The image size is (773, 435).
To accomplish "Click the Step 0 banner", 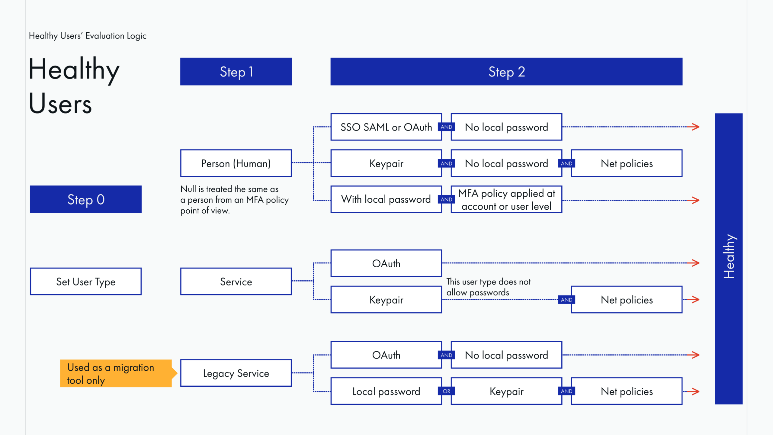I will pyautogui.click(x=86, y=199).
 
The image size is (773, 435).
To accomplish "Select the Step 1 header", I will pyautogui.click(x=236, y=72).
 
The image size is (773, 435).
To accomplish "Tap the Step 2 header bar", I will pyautogui.click(x=506, y=72).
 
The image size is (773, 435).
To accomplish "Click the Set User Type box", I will pyautogui.click(x=86, y=282).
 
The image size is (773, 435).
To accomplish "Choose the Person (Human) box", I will pyautogui.click(x=236, y=163).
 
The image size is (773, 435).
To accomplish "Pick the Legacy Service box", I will pyautogui.click(x=236, y=373).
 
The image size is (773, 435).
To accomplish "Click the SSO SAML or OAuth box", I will pyautogui.click(x=386, y=127).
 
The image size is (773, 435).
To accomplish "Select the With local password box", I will pyautogui.click(x=386, y=199).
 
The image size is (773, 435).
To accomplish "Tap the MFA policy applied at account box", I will pyautogui.click(x=506, y=199).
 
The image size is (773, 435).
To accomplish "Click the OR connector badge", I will pyautogui.click(x=446, y=391).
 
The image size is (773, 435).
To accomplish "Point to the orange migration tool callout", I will pyautogui.click(x=116, y=373).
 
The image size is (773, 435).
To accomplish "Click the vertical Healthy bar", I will pyautogui.click(x=728, y=259).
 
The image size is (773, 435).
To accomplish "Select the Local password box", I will pyautogui.click(x=386, y=391).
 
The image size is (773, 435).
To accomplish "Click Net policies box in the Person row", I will pyautogui.click(x=626, y=163).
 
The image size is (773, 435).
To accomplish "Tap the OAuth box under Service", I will pyautogui.click(x=386, y=263).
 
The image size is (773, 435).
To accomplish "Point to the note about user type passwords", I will pyautogui.click(x=488, y=287).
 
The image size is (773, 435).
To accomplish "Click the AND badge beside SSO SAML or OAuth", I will pyautogui.click(x=446, y=127).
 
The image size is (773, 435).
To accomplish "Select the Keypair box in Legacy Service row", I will pyautogui.click(x=506, y=391).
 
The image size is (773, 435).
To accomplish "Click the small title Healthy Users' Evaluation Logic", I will pyautogui.click(x=88, y=36).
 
